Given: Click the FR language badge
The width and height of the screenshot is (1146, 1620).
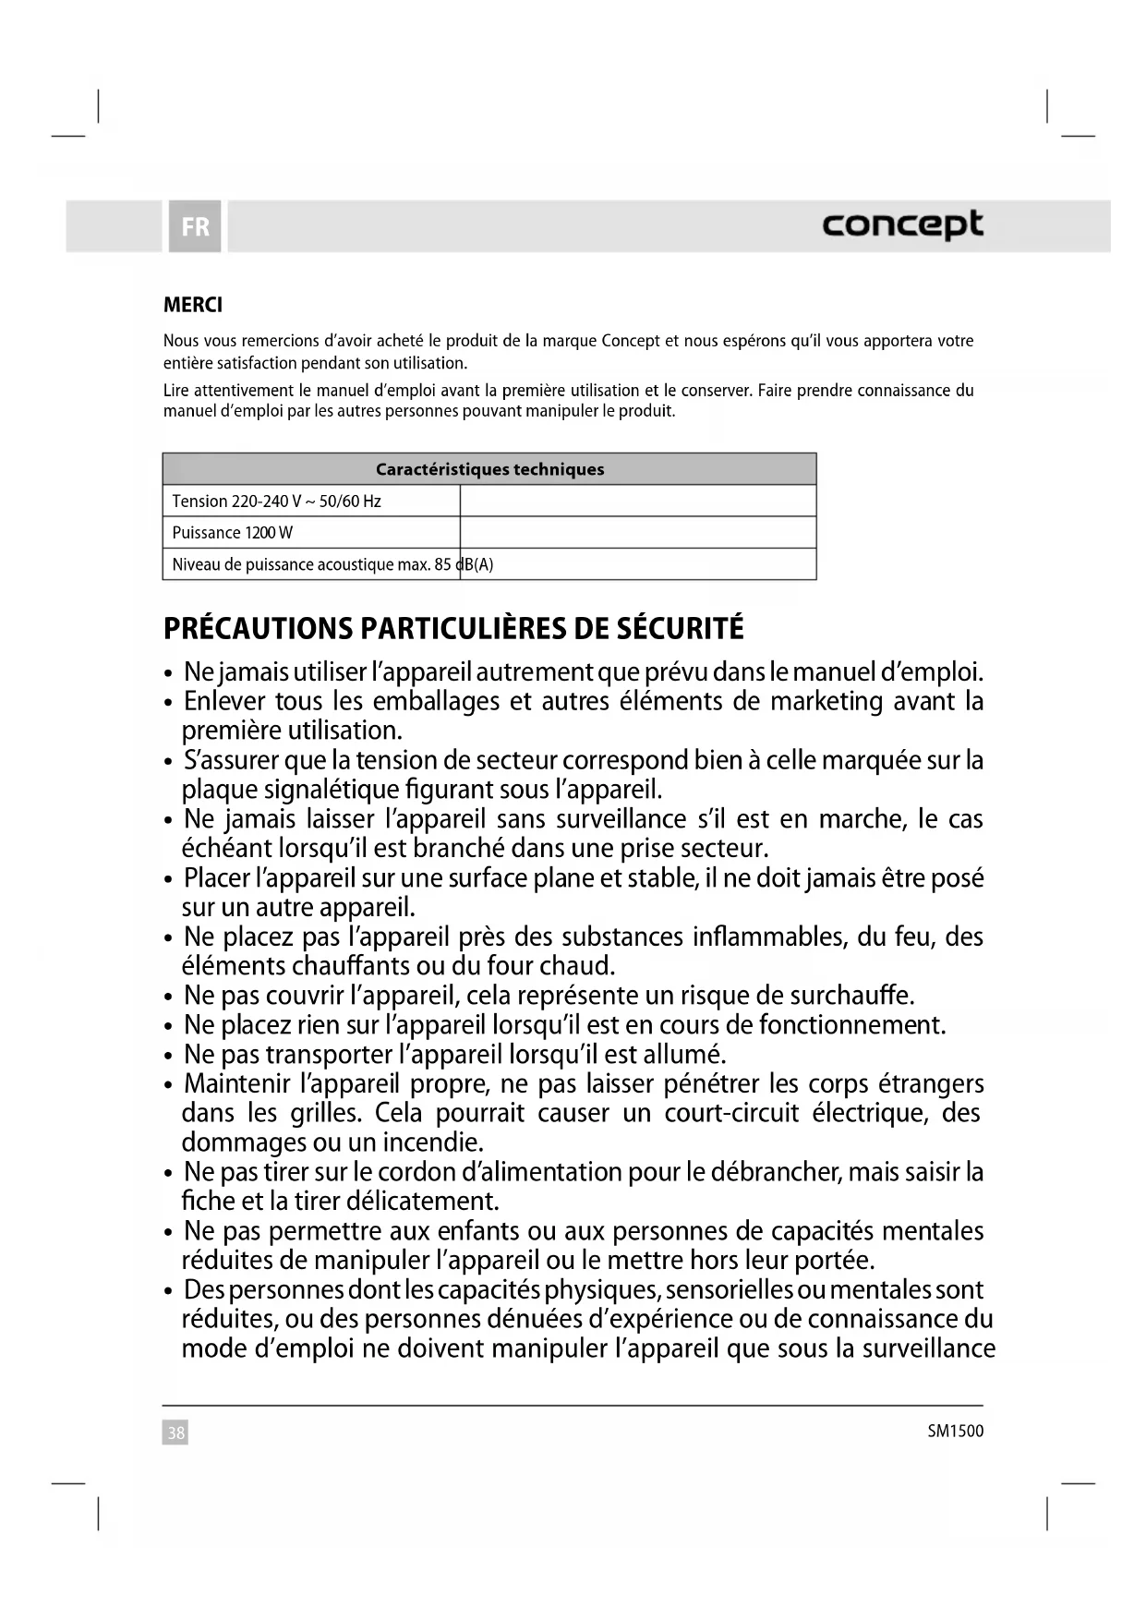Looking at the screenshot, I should [195, 226].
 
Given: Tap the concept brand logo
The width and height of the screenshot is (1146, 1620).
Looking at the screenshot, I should [902, 224].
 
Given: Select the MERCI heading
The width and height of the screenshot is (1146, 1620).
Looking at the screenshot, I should [193, 305].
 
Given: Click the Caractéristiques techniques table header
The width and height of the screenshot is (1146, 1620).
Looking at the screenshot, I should [489, 469].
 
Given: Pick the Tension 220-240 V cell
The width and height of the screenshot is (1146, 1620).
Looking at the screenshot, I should [277, 502].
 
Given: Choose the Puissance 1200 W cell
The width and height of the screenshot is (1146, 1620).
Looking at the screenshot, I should [233, 533].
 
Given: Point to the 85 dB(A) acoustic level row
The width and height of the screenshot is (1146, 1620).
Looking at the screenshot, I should [332, 564].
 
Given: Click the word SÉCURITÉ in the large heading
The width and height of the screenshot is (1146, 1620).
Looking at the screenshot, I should [680, 629].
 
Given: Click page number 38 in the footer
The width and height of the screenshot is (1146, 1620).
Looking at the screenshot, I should [175, 1433].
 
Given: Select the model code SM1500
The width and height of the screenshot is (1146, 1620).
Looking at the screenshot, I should [956, 1432].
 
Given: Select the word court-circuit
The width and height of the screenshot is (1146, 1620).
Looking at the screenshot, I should [731, 1113].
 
